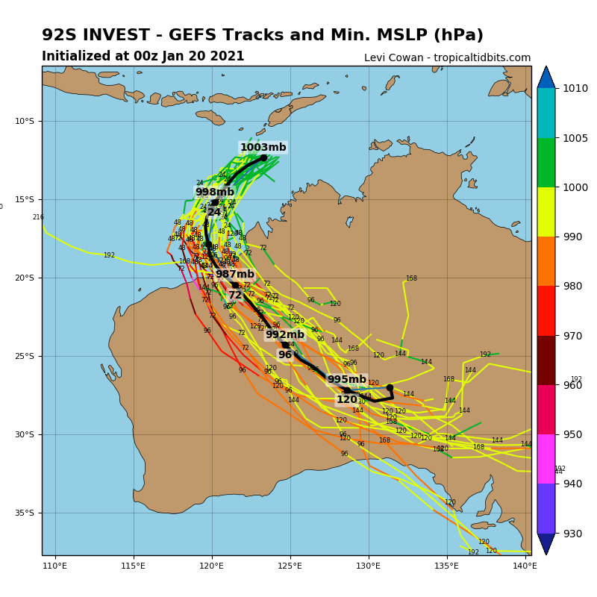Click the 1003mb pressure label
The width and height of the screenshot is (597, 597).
263,148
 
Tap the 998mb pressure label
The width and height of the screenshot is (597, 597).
215,193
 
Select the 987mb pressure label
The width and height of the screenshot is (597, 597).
235,275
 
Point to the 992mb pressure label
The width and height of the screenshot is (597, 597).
285,335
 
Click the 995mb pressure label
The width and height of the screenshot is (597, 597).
347,380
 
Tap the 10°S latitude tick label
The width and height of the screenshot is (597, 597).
26,121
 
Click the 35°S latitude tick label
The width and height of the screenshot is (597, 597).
26,513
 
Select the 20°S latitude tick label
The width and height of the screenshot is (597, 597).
26,278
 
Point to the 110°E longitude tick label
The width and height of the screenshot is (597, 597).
55,566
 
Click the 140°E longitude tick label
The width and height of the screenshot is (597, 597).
525,566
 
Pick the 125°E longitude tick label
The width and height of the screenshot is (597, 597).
290,566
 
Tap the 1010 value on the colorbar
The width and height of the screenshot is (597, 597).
575,88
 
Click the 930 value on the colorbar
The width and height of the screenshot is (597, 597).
572,534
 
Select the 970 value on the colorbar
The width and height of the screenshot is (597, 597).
572,336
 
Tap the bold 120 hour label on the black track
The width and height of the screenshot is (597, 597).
347,400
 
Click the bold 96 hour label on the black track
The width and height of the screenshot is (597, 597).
285,355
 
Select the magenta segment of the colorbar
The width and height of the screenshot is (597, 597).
546,459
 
